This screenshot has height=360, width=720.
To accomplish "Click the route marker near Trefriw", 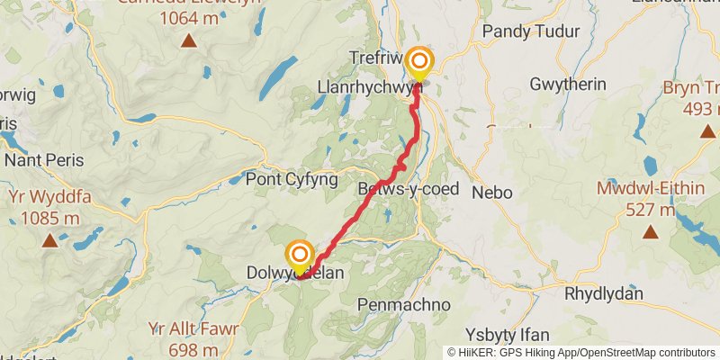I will [419, 64].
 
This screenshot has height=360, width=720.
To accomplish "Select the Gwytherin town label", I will [569, 84].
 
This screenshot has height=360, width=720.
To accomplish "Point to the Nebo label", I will [492, 192].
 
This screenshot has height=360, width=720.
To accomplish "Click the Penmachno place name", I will [404, 304].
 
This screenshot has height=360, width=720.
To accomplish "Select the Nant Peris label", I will [44, 160].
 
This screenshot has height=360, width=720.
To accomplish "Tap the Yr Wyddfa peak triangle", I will [49, 240].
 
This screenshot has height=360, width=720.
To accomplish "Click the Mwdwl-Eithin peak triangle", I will [650, 233].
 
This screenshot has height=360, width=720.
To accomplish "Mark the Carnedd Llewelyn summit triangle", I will [188, 40].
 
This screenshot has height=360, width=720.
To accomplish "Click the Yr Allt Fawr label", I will [195, 329].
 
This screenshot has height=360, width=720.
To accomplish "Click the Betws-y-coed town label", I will [408, 189].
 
